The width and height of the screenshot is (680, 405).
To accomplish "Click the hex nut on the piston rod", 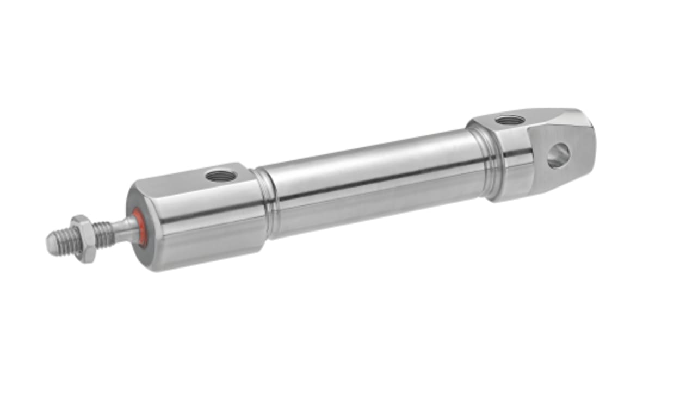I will coord(83,239).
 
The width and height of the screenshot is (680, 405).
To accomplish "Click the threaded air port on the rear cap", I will coord(510,120).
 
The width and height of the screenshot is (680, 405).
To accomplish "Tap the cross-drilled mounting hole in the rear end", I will coord(559,155).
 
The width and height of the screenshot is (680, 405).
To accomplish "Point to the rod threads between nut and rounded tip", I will coord(66,240).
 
